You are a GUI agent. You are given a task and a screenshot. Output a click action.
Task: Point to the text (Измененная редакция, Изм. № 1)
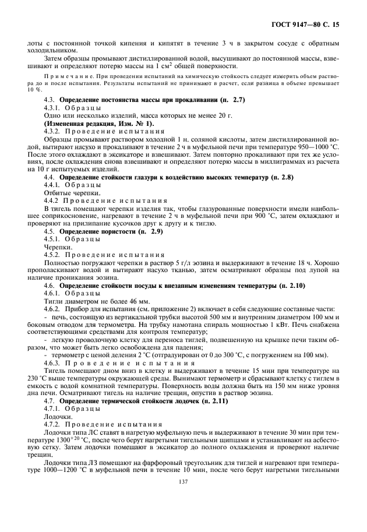[99, 124]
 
